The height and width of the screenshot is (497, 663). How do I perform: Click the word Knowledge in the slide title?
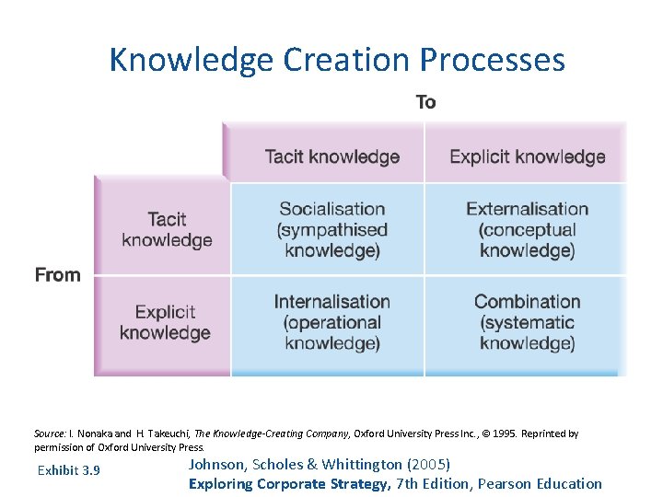click(192, 61)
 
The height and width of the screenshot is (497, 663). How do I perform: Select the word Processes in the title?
click(493, 61)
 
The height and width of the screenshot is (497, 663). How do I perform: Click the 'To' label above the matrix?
click(425, 102)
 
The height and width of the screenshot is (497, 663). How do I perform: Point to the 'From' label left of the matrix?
click(57, 275)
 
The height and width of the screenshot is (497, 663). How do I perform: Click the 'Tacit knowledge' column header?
click(331, 156)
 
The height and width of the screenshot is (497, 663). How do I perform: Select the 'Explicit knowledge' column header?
click(527, 156)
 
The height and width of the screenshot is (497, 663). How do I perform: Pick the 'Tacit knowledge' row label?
click(167, 230)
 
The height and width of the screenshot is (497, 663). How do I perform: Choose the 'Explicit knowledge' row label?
click(165, 322)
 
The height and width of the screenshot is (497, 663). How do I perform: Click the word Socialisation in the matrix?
click(331, 209)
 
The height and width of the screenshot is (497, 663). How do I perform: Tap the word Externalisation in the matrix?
click(527, 209)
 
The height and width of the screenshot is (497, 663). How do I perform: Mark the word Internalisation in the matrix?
click(331, 302)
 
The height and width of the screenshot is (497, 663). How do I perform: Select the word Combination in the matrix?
click(527, 302)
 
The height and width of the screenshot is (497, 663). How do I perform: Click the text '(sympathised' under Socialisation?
click(331, 230)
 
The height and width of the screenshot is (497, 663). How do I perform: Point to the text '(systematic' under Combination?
click(527, 323)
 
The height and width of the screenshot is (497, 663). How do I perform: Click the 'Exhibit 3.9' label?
click(69, 471)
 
